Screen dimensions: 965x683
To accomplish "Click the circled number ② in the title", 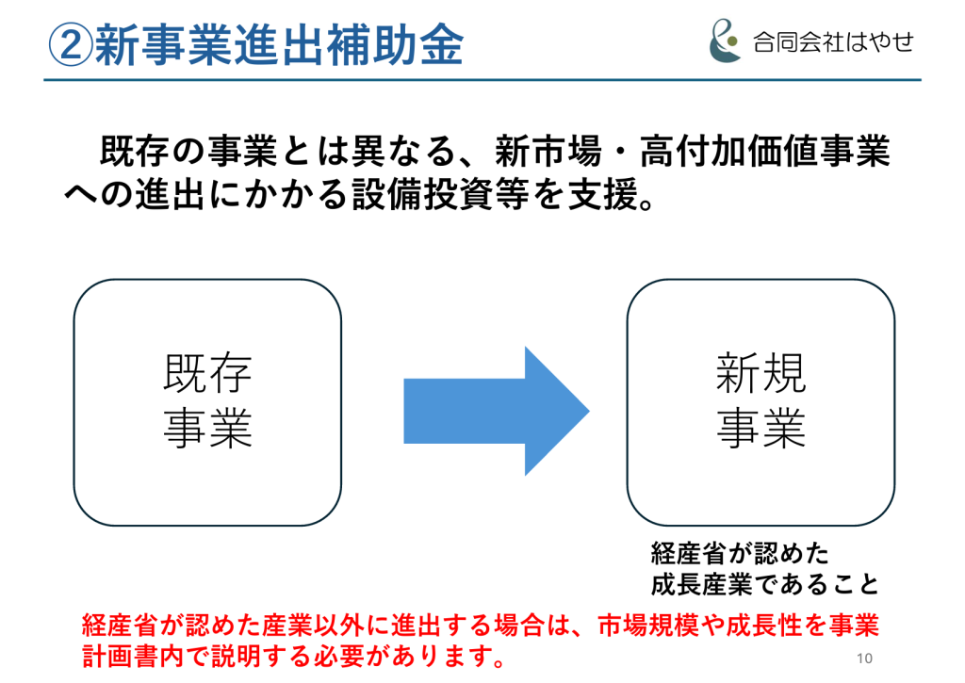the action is (71, 45).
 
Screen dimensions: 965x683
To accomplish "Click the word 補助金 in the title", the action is (394, 45).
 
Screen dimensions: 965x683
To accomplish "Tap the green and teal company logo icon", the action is (725, 41).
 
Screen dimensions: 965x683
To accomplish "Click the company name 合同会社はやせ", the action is (833, 42).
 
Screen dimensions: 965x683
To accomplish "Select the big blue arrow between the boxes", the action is (496, 411).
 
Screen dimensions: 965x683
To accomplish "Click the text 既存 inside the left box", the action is (207, 373).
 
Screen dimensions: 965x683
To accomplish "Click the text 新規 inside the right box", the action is (761, 373).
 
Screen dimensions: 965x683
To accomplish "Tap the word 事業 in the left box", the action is (207, 428).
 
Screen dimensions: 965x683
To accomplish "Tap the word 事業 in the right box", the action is (761, 428).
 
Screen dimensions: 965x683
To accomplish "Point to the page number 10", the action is (865, 659).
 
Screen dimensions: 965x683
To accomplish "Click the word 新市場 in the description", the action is (548, 151).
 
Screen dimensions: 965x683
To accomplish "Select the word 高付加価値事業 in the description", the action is (765, 151).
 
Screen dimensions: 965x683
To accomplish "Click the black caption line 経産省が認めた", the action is (740, 553).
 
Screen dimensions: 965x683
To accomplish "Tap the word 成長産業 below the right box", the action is (701, 584).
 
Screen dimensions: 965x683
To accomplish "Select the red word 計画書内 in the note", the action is (133, 657).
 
